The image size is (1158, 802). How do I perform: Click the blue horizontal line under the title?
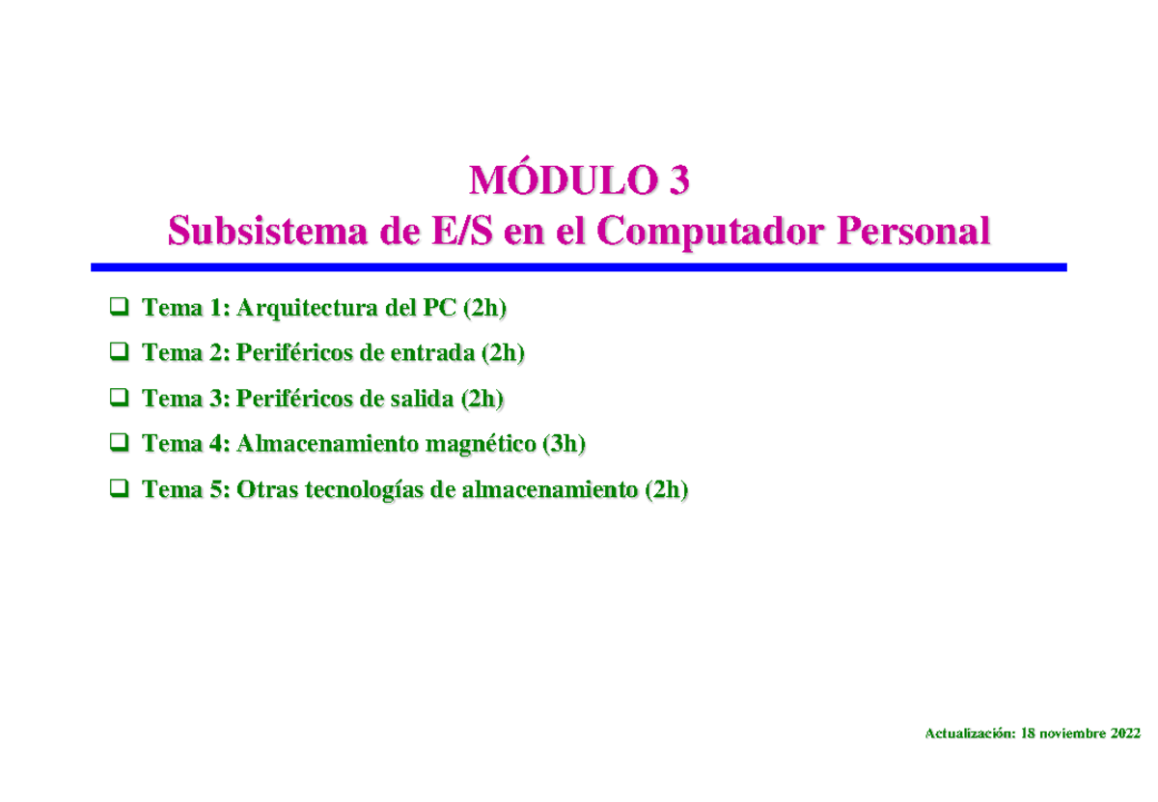pos(579,266)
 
